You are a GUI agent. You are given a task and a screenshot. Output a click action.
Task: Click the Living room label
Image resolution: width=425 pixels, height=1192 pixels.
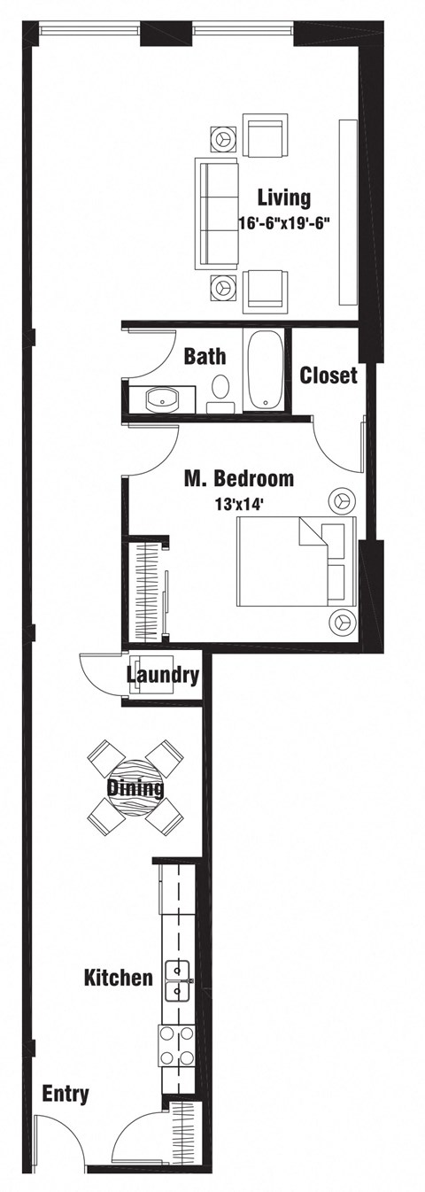tap(283, 197)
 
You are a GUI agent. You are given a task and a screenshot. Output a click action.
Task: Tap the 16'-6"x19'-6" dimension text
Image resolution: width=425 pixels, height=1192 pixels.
tap(283, 223)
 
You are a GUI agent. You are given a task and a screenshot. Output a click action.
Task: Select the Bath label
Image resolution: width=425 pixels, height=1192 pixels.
tap(205, 357)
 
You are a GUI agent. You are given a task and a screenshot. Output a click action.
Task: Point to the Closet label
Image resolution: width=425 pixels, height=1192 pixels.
tap(328, 375)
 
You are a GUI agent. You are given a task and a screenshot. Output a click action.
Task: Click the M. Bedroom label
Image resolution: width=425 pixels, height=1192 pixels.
tap(238, 479)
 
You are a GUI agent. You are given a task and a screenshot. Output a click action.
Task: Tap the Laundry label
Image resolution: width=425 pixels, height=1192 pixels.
tap(162, 675)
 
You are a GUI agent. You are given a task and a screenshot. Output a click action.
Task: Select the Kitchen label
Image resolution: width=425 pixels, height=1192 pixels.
tap(118, 979)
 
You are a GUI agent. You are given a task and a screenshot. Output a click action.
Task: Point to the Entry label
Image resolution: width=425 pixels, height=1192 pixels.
tap(66, 1095)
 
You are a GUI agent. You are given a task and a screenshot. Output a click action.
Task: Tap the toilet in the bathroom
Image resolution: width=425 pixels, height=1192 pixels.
tap(220, 390)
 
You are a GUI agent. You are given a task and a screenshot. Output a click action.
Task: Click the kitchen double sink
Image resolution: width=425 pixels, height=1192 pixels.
tap(178, 980)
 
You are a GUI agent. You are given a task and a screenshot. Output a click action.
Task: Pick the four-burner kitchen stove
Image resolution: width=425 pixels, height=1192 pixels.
tap(177, 1045)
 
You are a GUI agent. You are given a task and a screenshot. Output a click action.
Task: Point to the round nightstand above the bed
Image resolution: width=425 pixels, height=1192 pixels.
tap(341, 500)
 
